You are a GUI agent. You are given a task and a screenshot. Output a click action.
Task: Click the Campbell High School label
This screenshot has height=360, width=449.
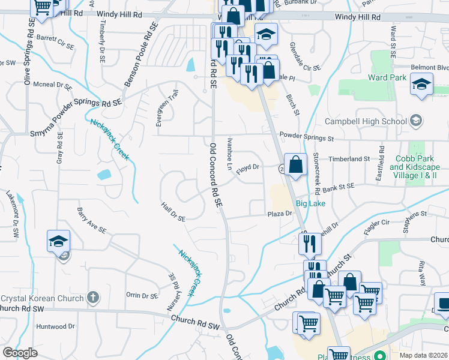click(x=366, y=121)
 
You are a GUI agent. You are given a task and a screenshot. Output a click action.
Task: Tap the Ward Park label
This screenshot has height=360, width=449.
click(x=388, y=77)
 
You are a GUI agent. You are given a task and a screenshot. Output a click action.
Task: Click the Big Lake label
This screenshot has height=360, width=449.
click(x=310, y=204)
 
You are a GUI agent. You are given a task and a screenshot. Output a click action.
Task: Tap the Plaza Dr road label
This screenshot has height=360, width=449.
click(x=279, y=214)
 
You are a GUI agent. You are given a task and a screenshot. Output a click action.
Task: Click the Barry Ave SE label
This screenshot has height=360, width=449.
click(x=91, y=221)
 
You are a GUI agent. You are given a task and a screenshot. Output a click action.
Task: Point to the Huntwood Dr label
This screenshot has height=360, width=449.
click(x=55, y=326)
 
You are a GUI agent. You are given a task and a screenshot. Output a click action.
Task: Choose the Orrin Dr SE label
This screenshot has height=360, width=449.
click(x=142, y=295)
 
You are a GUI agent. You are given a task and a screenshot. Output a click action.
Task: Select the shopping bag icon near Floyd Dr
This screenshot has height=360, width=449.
click(x=296, y=163)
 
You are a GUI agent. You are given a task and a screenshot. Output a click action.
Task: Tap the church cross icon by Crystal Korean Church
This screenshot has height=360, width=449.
click(x=92, y=298)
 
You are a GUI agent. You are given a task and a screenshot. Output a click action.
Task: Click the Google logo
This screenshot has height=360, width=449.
click(x=20, y=353)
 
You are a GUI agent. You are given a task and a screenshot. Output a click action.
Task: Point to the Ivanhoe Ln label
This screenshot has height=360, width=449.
click(x=230, y=152)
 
